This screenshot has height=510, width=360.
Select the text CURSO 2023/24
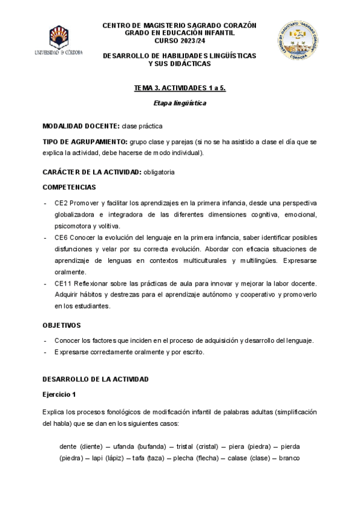179,41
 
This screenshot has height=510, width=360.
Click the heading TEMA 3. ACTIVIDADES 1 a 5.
180,88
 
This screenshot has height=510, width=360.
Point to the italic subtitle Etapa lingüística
180,103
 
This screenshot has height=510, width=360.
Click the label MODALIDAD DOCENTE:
81,126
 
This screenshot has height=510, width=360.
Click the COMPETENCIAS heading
69,187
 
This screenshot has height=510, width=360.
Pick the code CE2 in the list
61,203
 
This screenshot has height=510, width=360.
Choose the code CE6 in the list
61,238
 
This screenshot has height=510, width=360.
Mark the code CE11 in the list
63,283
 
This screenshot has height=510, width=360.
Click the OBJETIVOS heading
61,325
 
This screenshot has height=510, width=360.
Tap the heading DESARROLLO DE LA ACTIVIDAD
96,379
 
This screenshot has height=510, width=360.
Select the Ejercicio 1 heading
59,395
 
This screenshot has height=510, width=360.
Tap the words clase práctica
142,126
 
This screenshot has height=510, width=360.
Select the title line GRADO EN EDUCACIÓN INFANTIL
179,33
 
